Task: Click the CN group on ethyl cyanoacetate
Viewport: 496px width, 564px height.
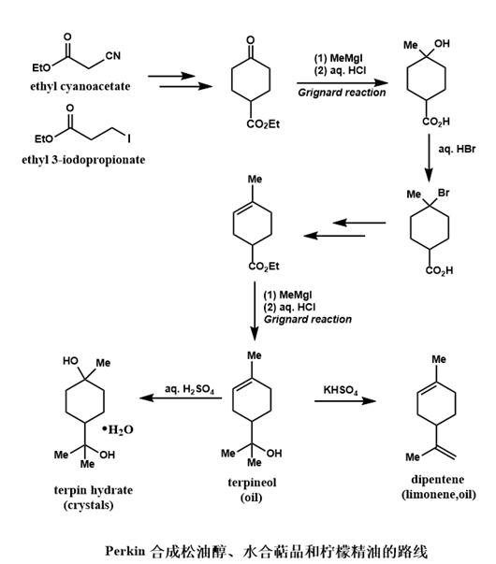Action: [x=112, y=56]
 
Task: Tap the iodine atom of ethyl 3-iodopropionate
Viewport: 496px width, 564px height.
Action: [x=129, y=138]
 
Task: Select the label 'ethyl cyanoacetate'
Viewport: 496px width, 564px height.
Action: [x=80, y=87]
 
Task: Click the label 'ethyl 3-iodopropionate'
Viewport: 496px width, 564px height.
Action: [x=83, y=159]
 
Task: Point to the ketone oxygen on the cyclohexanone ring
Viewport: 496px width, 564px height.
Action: [x=251, y=40]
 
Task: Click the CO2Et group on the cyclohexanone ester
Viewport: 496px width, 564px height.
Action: [x=263, y=124]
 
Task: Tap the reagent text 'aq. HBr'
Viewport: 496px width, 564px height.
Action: [x=457, y=149]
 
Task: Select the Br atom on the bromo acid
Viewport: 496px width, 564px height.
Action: [x=444, y=193]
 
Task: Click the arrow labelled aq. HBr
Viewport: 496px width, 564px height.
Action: [x=429, y=158]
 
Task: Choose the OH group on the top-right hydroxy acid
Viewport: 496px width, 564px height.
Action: [x=442, y=44]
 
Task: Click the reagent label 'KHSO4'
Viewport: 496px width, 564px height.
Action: [x=341, y=390]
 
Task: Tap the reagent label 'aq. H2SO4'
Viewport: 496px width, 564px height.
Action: [x=189, y=389]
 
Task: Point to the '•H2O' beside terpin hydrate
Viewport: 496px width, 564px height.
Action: [x=117, y=429]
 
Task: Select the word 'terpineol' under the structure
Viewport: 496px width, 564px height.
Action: [x=252, y=483]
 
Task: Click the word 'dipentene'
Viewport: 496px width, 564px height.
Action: [x=438, y=480]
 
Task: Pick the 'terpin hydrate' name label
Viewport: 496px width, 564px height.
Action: [x=94, y=490]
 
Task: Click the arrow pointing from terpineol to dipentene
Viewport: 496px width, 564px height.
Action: [x=344, y=400]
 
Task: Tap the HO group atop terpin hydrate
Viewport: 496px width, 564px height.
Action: [x=70, y=361]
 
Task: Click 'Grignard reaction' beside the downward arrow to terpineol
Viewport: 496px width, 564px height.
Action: [x=308, y=319]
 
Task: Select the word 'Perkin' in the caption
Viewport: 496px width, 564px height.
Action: [x=124, y=551]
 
